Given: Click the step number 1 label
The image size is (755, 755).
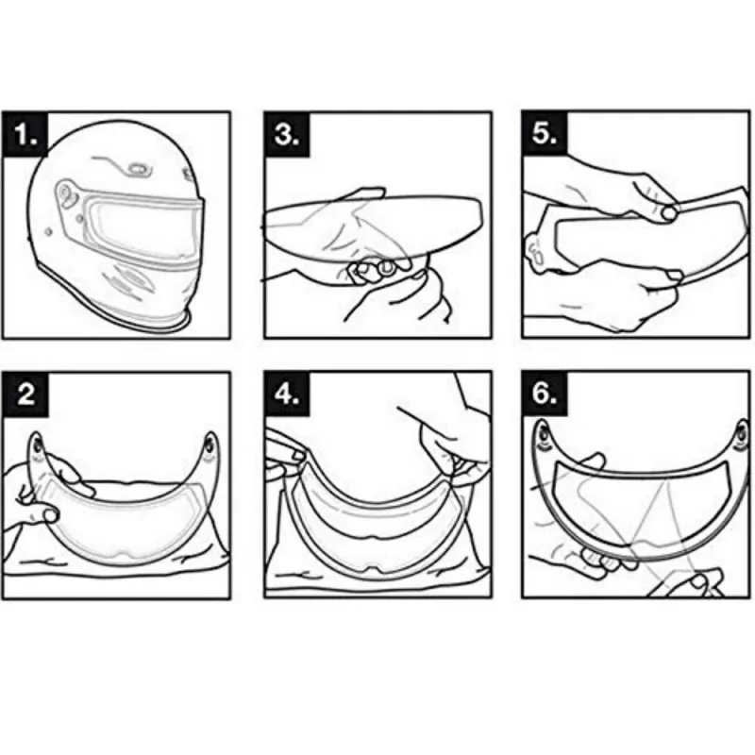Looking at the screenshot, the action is (25, 134).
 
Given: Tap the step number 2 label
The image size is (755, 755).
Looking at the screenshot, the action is (26, 394).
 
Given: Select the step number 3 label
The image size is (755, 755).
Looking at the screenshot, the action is (287, 134).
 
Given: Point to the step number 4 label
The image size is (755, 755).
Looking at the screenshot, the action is (287, 394).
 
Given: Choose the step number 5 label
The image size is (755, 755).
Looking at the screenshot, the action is (545, 133).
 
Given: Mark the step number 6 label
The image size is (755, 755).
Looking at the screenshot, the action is (545, 394).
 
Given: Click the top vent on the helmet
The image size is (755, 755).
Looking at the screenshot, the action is (138, 169).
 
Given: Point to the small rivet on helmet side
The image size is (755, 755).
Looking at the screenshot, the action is (48, 232).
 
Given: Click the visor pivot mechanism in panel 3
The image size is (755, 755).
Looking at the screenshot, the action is (373, 271).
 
